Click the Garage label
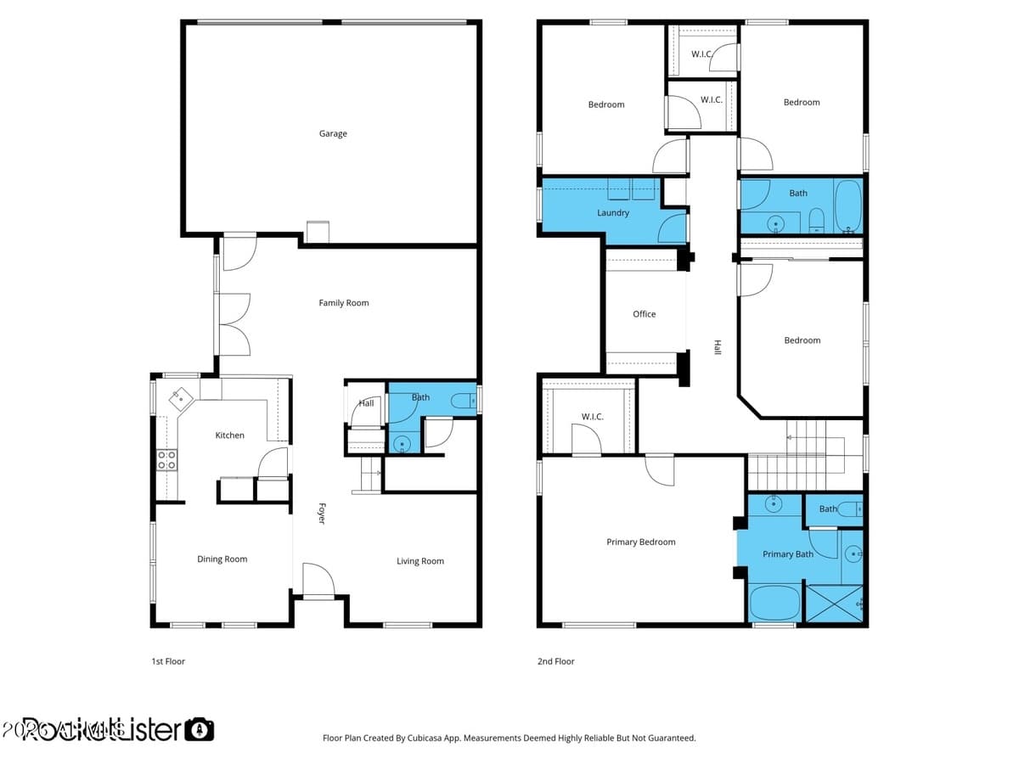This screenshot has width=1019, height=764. tap(333, 133)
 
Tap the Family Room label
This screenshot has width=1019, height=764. tap(344, 303)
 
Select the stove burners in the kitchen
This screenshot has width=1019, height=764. tap(167, 460)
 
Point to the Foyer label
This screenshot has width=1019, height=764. tap(322, 514)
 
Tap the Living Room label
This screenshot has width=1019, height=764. tap(420, 561)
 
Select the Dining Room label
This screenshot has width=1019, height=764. tap(222, 559)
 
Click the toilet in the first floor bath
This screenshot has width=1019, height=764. tap(463, 400)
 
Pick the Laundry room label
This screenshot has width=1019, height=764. tap(613, 213)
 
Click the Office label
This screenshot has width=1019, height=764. tap(645, 314)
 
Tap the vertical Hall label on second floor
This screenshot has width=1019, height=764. tap(718, 347)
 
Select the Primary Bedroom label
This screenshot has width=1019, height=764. tap(641, 542)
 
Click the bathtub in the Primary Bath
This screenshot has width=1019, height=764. tap(774, 604)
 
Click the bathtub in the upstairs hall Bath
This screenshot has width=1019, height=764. tap(847, 206)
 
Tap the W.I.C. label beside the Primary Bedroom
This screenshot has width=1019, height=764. tap(592, 417)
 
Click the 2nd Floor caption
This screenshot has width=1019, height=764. tap(556, 661)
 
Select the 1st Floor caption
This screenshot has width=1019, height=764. tap(168, 661)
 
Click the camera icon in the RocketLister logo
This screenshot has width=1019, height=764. tap(200, 729)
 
